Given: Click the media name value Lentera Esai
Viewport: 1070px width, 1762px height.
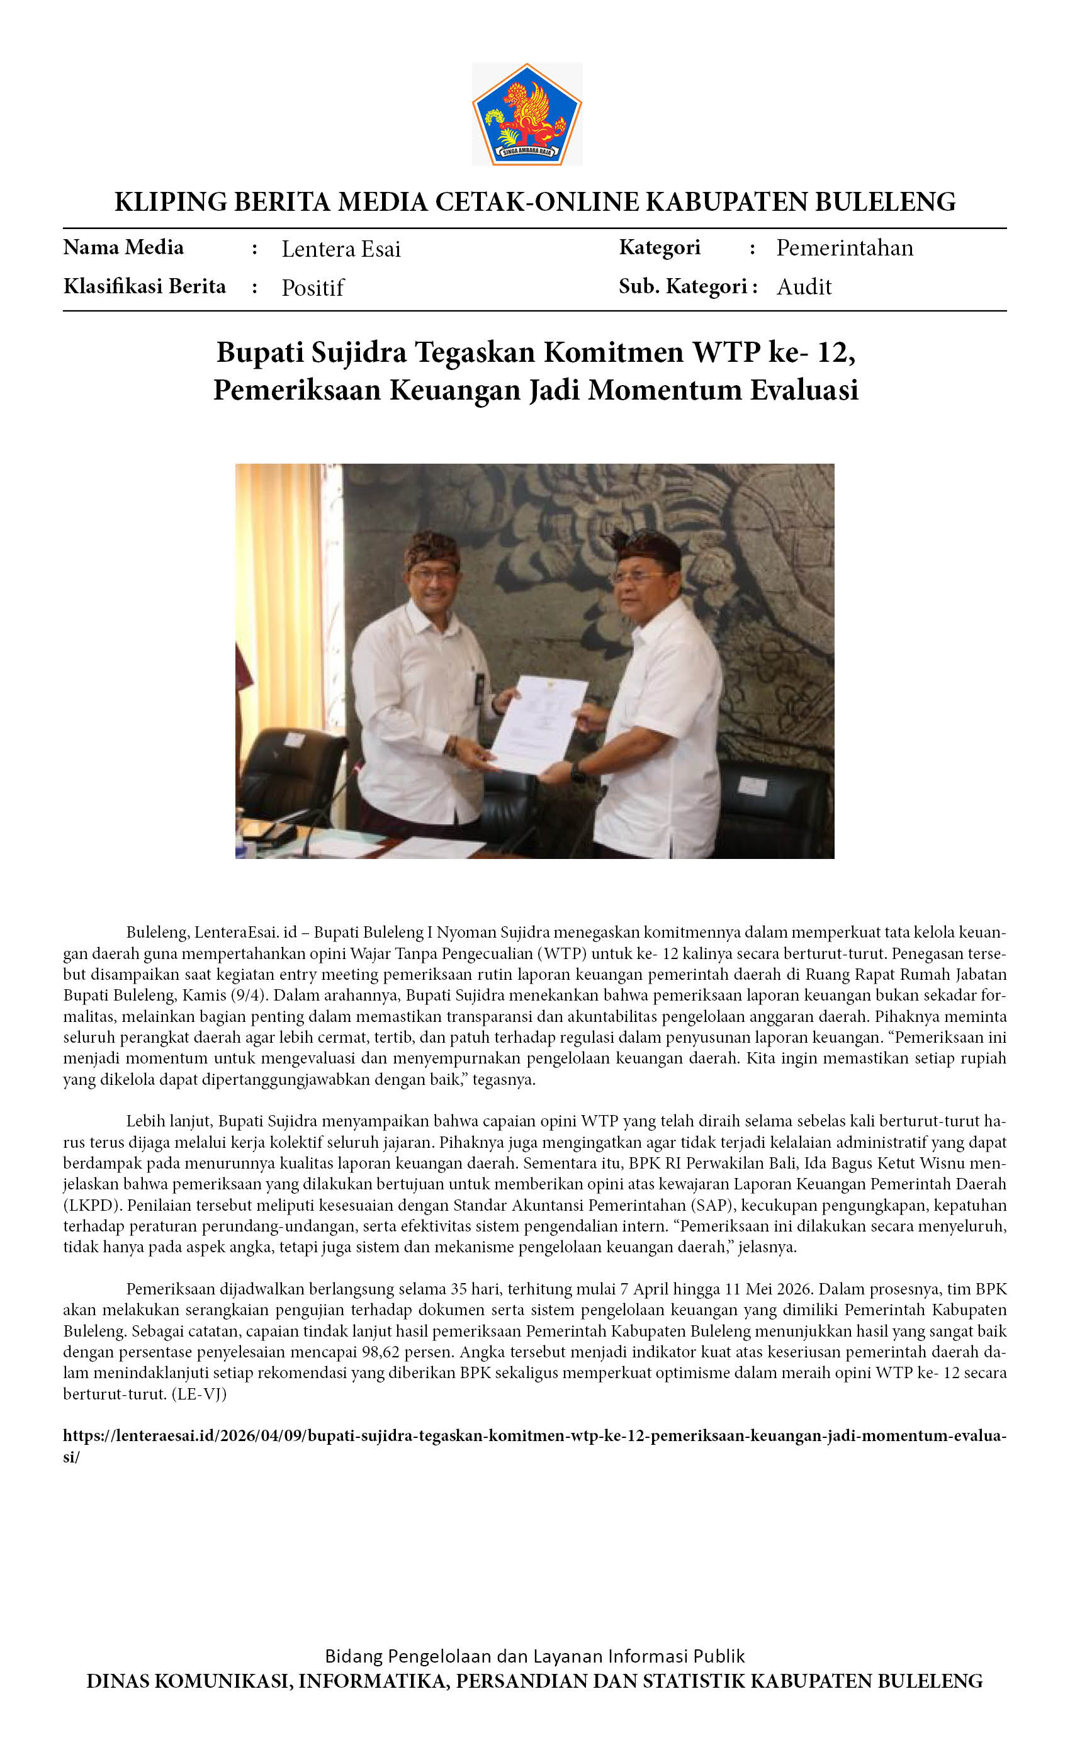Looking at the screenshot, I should click(x=341, y=249).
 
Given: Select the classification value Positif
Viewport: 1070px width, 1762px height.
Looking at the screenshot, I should click(x=313, y=288).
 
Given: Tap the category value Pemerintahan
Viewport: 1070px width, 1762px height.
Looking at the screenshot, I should click(x=844, y=248).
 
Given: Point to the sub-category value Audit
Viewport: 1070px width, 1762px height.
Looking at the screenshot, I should click(x=803, y=287).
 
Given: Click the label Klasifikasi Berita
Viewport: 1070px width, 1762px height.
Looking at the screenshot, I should click(x=145, y=286).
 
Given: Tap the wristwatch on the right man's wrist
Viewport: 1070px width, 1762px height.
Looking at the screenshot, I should click(x=577, y=772).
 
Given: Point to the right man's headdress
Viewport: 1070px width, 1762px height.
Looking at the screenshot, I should click(x=646, y=547).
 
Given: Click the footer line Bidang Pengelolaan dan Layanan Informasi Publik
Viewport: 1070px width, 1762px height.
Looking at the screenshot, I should click(x=534, y=1656).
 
